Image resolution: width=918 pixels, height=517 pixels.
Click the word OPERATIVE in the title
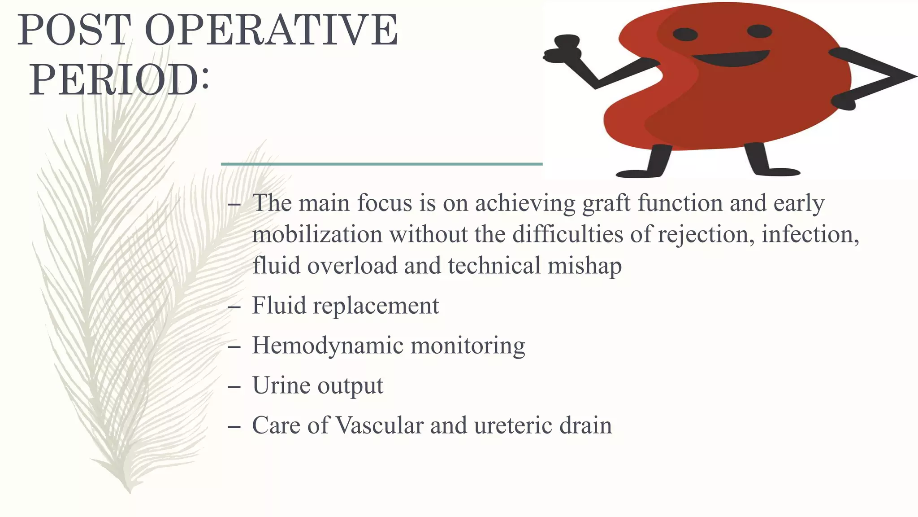pyautogui.click(x=271, y=31)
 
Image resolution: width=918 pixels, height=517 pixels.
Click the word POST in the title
pyautogui.click(x=74, y=31)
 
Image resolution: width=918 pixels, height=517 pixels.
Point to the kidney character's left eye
pyautogui.click(x=685, y=34)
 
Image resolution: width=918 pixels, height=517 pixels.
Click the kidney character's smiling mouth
pyautogui.click(x=731, y=58)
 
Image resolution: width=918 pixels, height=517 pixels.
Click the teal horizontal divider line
pyautogui.click(x=381, y=164)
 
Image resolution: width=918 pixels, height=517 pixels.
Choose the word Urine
pyautogui.click(x=281, y=386)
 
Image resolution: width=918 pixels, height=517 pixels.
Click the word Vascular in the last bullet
pyautogui.click(x=379, y=425)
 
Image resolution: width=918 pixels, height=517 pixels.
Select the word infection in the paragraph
pyautogui.click(x=810, y=235)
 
